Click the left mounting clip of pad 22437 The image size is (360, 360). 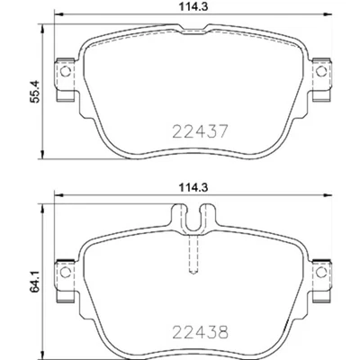64,71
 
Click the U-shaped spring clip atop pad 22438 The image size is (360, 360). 192,220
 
